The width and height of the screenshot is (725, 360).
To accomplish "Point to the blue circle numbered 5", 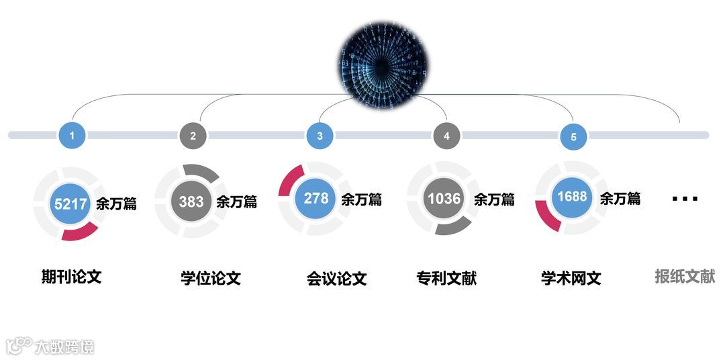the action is point(573,137).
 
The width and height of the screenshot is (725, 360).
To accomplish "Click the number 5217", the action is point(70,203).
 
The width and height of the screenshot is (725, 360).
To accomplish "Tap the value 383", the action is point(191,201).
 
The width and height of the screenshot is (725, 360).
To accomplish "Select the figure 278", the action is point(316,198).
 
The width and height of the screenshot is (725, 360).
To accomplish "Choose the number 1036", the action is point(444,198).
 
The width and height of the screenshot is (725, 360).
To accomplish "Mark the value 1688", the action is point(572,197).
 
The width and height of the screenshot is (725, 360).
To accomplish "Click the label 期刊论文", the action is point(71,276).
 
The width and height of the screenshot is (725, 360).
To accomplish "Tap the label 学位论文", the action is point(211,277).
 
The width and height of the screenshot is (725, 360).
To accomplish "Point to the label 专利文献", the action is point(446,277).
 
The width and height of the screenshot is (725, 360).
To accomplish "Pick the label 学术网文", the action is point(571,277).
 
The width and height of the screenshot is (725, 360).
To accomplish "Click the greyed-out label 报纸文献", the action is point(685,276).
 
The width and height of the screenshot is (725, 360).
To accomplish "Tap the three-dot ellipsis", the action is point(685,199).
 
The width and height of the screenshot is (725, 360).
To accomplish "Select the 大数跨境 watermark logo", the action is point(50,346).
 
